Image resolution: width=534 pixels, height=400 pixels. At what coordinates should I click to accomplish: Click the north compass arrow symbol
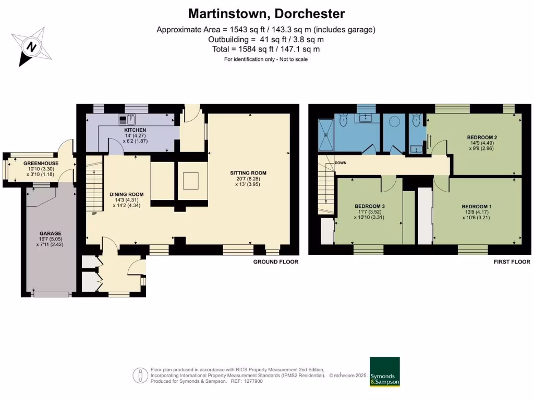click(x=31, y=47)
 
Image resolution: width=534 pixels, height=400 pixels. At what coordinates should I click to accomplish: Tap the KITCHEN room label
click(x=135, y=130)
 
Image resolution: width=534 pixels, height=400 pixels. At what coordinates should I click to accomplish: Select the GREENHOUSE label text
click(x=41, y=163)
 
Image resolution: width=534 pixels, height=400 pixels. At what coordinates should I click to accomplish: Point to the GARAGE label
click(x=51, y=233)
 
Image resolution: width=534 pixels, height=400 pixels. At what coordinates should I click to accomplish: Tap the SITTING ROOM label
click(x=248, y=173)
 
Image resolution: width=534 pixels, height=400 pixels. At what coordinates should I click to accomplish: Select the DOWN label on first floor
click(x=341, y=162)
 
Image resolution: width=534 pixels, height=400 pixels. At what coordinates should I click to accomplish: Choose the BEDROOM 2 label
click(x=481, y=137)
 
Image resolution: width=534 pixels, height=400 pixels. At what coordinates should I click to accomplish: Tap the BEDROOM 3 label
click(x=370, y=206)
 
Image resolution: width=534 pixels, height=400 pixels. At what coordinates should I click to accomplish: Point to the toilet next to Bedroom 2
click(x=416, y=121)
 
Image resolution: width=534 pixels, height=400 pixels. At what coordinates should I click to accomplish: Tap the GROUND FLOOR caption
click(x=276, y=262)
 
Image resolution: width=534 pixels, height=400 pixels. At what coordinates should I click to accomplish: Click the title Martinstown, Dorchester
click(x=266, y=14)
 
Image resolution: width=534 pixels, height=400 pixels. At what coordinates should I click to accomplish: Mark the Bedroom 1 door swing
click(x=440, y=182)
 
